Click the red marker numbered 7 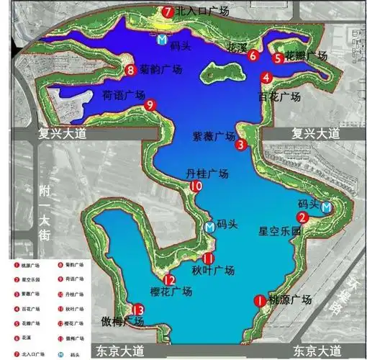[x=167, y=12]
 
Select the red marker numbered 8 [x=130, y=70]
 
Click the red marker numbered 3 [x=241, y=145]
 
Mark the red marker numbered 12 [x=169, y=281]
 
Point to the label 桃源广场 [x=289, y=300]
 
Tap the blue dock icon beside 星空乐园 [x=328, y=207]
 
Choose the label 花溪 [x=237, y=48]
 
